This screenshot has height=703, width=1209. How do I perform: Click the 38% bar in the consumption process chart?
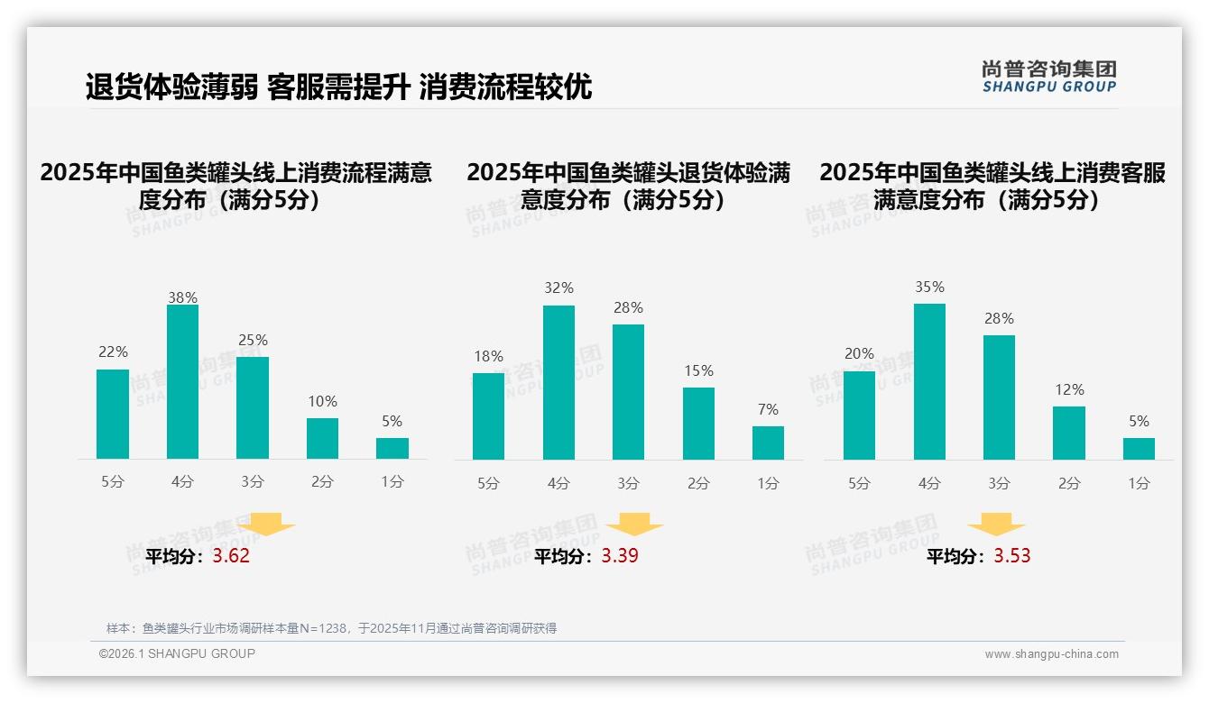182,382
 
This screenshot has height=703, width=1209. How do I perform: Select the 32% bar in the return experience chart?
558,383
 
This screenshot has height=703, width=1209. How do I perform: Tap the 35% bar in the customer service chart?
929,382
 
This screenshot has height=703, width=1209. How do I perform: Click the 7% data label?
768,409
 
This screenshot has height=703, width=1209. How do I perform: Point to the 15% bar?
698,424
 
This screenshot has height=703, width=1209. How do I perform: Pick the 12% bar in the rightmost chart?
1069,434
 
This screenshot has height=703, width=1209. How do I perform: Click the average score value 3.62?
231,556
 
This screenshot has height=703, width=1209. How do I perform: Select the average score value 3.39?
620,556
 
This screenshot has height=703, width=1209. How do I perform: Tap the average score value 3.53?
1012,556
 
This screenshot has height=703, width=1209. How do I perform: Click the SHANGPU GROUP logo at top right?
1048,77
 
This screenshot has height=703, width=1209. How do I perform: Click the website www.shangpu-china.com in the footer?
1051,654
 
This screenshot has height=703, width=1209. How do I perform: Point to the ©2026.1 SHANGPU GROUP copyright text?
177,653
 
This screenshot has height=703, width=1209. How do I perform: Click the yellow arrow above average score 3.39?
634,525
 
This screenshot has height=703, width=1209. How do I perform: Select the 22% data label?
113,351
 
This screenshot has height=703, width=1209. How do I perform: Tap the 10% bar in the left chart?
322,439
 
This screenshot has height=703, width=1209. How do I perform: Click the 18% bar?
488,416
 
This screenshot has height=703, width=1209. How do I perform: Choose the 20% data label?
859,353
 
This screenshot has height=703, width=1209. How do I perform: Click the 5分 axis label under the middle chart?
488,483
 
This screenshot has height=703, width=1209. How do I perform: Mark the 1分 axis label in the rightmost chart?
1139,483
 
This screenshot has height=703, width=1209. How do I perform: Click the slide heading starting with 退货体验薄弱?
338,87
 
